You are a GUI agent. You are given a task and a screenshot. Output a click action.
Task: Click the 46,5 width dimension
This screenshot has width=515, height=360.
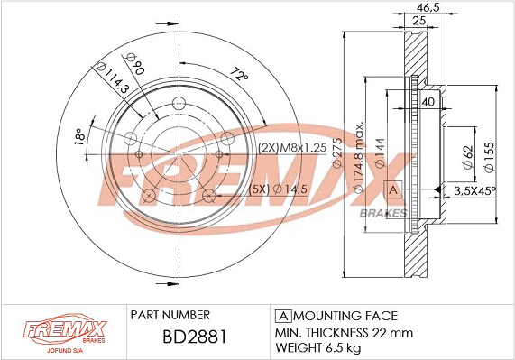click(428, 7)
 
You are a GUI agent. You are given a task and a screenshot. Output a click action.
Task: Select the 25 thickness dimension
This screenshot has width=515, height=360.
click(419, 21)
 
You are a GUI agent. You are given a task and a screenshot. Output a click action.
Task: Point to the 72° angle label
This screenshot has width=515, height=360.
click(239, 74)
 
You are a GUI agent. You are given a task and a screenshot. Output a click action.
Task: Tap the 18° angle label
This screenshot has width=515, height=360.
click(79, 136)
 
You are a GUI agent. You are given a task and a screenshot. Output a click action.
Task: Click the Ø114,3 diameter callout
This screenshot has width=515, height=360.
click(113, 78)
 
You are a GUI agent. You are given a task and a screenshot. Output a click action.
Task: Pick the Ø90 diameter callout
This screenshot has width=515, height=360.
click(135, 63)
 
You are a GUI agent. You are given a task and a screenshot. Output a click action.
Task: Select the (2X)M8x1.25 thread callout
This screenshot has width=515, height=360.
click(292, 148)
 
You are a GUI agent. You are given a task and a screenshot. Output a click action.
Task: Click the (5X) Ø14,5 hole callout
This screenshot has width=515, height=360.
click(278, 189)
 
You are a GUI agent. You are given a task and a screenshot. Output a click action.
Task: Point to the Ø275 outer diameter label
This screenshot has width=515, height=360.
click(337, 152)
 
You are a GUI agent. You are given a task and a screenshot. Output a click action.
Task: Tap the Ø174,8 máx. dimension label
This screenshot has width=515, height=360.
click(358, 157)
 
